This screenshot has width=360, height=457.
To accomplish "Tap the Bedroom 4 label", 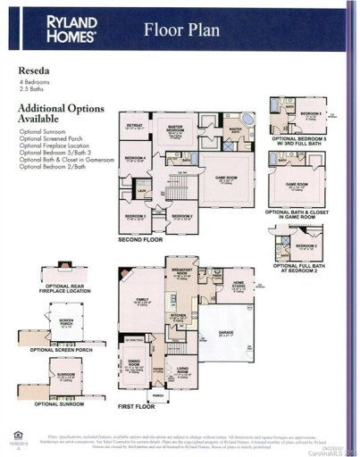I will (x=135, y=161).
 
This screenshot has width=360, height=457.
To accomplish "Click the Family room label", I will (x=140, y=303).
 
